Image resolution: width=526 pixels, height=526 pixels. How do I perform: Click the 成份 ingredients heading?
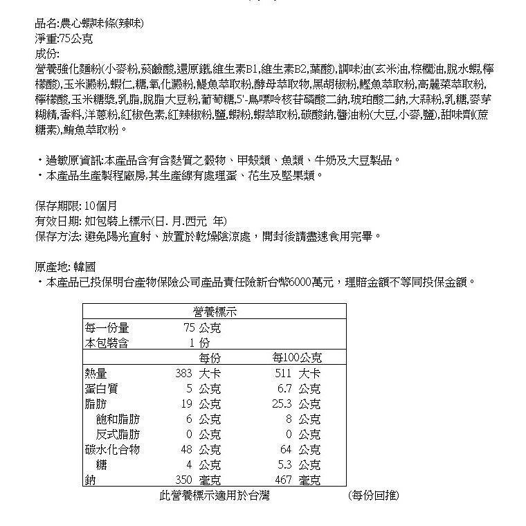[48, 53]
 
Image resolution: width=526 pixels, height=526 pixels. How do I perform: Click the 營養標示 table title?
[215, 312]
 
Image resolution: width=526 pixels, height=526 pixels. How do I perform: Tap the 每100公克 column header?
[298, 358]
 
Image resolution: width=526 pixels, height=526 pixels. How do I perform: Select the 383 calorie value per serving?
[182, 374]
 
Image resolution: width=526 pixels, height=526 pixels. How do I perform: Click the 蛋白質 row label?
[99, 388]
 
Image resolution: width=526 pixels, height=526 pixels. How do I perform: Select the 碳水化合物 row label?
[111, 449]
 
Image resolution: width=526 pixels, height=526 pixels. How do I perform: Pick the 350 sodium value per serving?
[182, 480]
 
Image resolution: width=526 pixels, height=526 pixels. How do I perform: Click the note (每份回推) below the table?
[374, 496]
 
